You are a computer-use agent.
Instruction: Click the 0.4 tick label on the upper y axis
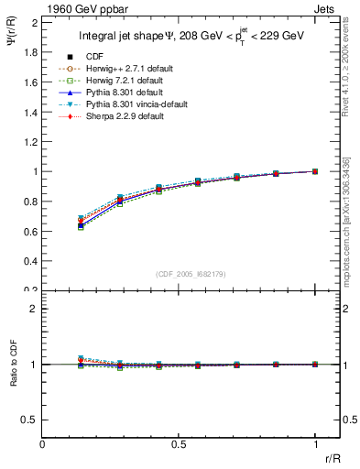coord(30,261)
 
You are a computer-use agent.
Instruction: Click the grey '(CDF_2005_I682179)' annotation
coord(191,275)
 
